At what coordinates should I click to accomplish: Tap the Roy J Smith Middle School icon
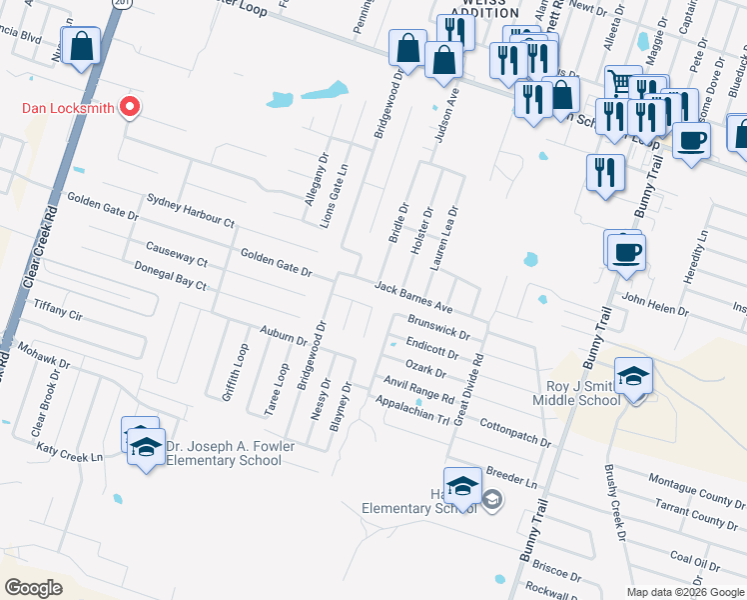coord(633,377)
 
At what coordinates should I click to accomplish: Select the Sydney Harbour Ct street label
coord(190,209)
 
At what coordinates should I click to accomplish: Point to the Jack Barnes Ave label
coord(413,296)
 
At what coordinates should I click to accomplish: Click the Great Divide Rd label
coord(469,389)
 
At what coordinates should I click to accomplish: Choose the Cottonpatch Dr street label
coord(515,432)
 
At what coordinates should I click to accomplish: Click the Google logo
coord(34,588)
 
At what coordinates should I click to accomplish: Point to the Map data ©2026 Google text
coord(685,592)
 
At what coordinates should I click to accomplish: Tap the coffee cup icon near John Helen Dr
coord(626,251)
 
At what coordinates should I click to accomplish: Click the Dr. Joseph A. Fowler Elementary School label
coord(223,453)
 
